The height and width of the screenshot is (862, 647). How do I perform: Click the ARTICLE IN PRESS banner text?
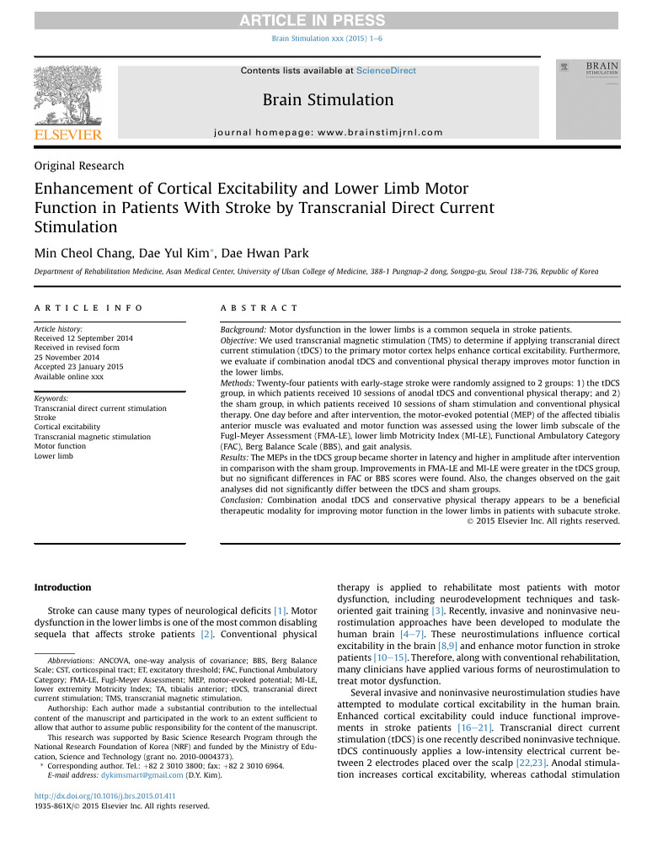tap(323, 20)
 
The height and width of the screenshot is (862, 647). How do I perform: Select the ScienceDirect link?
tap(386, 71)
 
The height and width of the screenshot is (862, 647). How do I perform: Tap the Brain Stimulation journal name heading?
tap(328, 100)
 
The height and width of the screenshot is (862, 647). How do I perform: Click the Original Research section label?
tap(78, 166)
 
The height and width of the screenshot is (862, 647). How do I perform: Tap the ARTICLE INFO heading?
tap(88, 309)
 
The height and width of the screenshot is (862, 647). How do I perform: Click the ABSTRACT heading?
tap(259, 309)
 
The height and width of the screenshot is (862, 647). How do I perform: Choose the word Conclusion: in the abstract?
tap(242, 500)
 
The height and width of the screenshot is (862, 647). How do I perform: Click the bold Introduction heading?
tap(62, 587)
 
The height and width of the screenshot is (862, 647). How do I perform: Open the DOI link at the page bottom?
tap(104, 795)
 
